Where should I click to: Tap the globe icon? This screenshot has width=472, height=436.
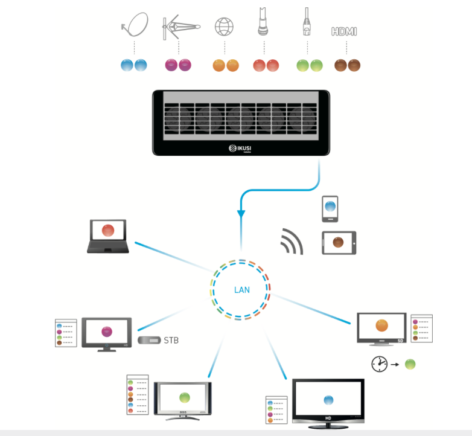coord(224,27)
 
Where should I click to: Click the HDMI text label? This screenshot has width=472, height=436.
coord(344,31)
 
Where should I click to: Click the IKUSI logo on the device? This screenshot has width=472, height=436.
coord(241,148)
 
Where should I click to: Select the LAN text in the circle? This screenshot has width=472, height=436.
coord(241,290)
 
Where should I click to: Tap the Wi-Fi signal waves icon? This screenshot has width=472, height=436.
coord(292,241)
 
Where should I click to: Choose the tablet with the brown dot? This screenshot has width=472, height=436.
coord(339,243)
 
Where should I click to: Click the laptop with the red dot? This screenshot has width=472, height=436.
coord(107,236)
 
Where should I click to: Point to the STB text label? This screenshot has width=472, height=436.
coord(171,341)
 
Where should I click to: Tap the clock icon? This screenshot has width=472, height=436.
coord(379,364)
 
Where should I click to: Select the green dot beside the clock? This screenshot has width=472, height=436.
coord(410,364)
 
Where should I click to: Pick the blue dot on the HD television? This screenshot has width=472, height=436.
coord(328,400)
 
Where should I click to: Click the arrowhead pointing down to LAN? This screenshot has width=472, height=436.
coord(241,213)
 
